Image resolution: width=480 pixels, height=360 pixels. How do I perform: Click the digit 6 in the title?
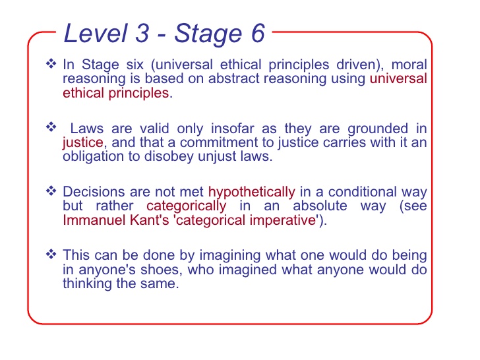(258, 33)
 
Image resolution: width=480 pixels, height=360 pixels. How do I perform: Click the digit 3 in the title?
(142, 33)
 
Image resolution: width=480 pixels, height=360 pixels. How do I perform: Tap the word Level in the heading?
(95, 33)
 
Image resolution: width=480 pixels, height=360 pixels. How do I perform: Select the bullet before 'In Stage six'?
(51, 64)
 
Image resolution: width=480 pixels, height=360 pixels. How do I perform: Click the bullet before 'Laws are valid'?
(51, 127)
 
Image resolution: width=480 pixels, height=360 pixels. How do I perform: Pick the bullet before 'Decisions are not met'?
(51, 191)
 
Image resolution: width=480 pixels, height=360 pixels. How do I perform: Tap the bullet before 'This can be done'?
(51, 254)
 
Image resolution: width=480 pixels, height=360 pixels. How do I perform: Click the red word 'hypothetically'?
(252, 193)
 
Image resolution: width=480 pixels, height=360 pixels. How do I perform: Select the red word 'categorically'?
(186, 206)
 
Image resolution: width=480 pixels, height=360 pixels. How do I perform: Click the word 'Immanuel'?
(94, 220)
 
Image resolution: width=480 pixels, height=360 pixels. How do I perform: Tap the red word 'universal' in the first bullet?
(398, 78)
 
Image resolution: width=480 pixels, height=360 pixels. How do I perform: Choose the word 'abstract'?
(234, 78)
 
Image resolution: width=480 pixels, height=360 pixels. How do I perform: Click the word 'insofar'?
(232, 129)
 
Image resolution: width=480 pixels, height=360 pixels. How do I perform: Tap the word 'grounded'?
(378, 129)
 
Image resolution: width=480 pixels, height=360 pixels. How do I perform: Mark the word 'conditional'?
(363, 192)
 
